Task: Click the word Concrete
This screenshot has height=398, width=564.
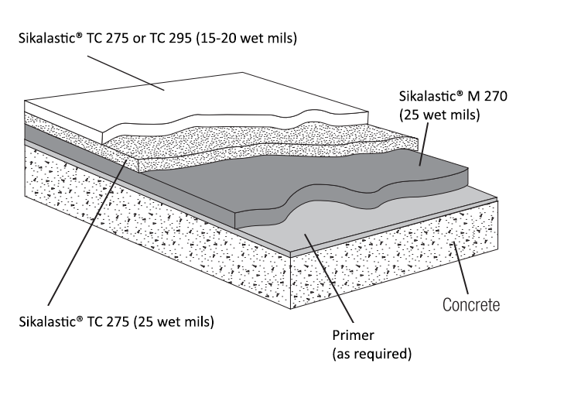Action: [x=471, y=305]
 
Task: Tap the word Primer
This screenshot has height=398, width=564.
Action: [x=353, y=335]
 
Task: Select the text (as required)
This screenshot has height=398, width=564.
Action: [x=371, y=354]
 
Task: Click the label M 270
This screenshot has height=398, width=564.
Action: [x=487, y=96]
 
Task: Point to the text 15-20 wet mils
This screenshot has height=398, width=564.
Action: [x=248, y=38]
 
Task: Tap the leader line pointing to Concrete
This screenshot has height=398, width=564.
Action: [x=461, y=268]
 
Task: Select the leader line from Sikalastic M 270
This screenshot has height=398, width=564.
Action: [x=424, y=144]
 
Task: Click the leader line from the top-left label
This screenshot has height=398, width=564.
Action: [x=126, y=73]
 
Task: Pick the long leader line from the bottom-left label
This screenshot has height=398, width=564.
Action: [x=87, y=232]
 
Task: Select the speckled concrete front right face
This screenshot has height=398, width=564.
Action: [x=394, y=259]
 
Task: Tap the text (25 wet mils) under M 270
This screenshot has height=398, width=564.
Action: [x=439, y=115]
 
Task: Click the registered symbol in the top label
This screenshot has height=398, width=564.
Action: [x=80, y=35]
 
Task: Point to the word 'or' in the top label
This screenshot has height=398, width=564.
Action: [x=139, y=39]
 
